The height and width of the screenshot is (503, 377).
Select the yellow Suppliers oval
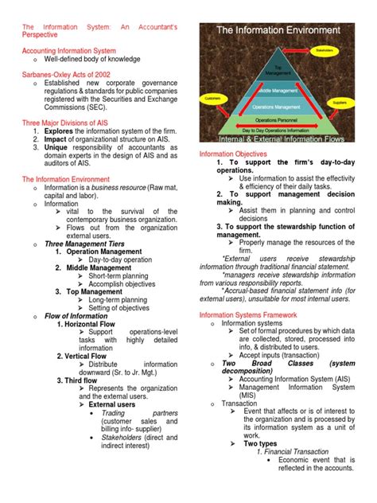point(341,103)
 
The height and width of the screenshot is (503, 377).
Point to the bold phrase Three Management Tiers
point(87,244)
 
